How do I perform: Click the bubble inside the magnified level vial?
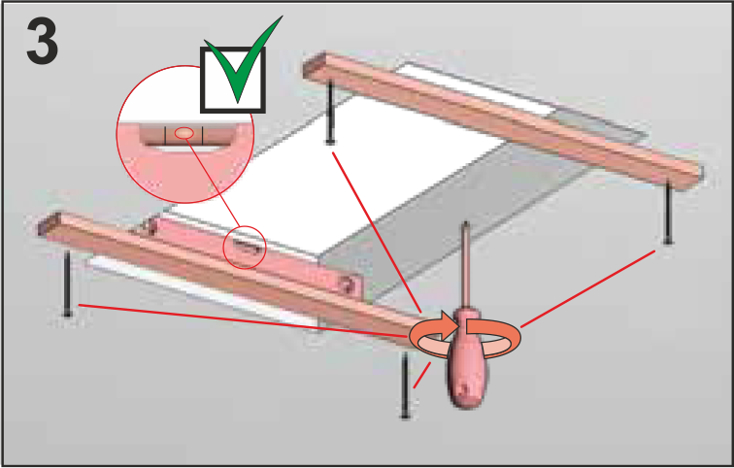coord(183,133)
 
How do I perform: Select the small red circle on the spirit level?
coord(245,247)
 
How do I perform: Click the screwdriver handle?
coord(466,360)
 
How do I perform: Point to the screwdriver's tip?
coord(465,224)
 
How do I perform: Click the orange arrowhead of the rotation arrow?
coord(449,324)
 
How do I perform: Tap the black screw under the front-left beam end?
coord(67,284)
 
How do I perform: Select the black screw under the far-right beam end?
coord(668,213)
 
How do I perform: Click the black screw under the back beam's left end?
coord(330,113)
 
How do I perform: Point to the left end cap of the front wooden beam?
coord(50,223)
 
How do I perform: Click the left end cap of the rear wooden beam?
coord(314,65)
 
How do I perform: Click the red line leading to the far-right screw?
coord(588,288)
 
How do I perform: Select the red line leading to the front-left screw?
coord(244,320)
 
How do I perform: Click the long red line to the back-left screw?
coord(377,232)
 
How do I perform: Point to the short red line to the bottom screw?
coord(422,375)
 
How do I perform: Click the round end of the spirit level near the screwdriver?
coord(349,284)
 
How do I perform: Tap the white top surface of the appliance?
coord(337,178)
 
